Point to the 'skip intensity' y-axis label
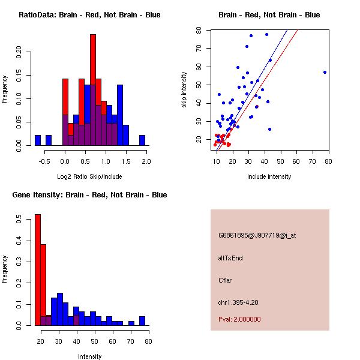click(x=185, y=90)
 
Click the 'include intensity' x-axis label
click(x=269, y=176)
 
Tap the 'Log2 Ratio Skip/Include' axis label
click(x=89, y=176)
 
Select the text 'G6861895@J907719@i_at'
click(x=257, y=235)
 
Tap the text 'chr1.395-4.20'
click(x=238, y=302)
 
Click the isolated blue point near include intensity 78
click(x=325, y=72)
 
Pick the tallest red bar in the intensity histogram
click(x=38, y=270)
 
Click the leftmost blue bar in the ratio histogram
click(x=38, y=140)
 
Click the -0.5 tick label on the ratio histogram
click(x=46, y=161)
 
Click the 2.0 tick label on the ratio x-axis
click(x=146, y=161)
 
